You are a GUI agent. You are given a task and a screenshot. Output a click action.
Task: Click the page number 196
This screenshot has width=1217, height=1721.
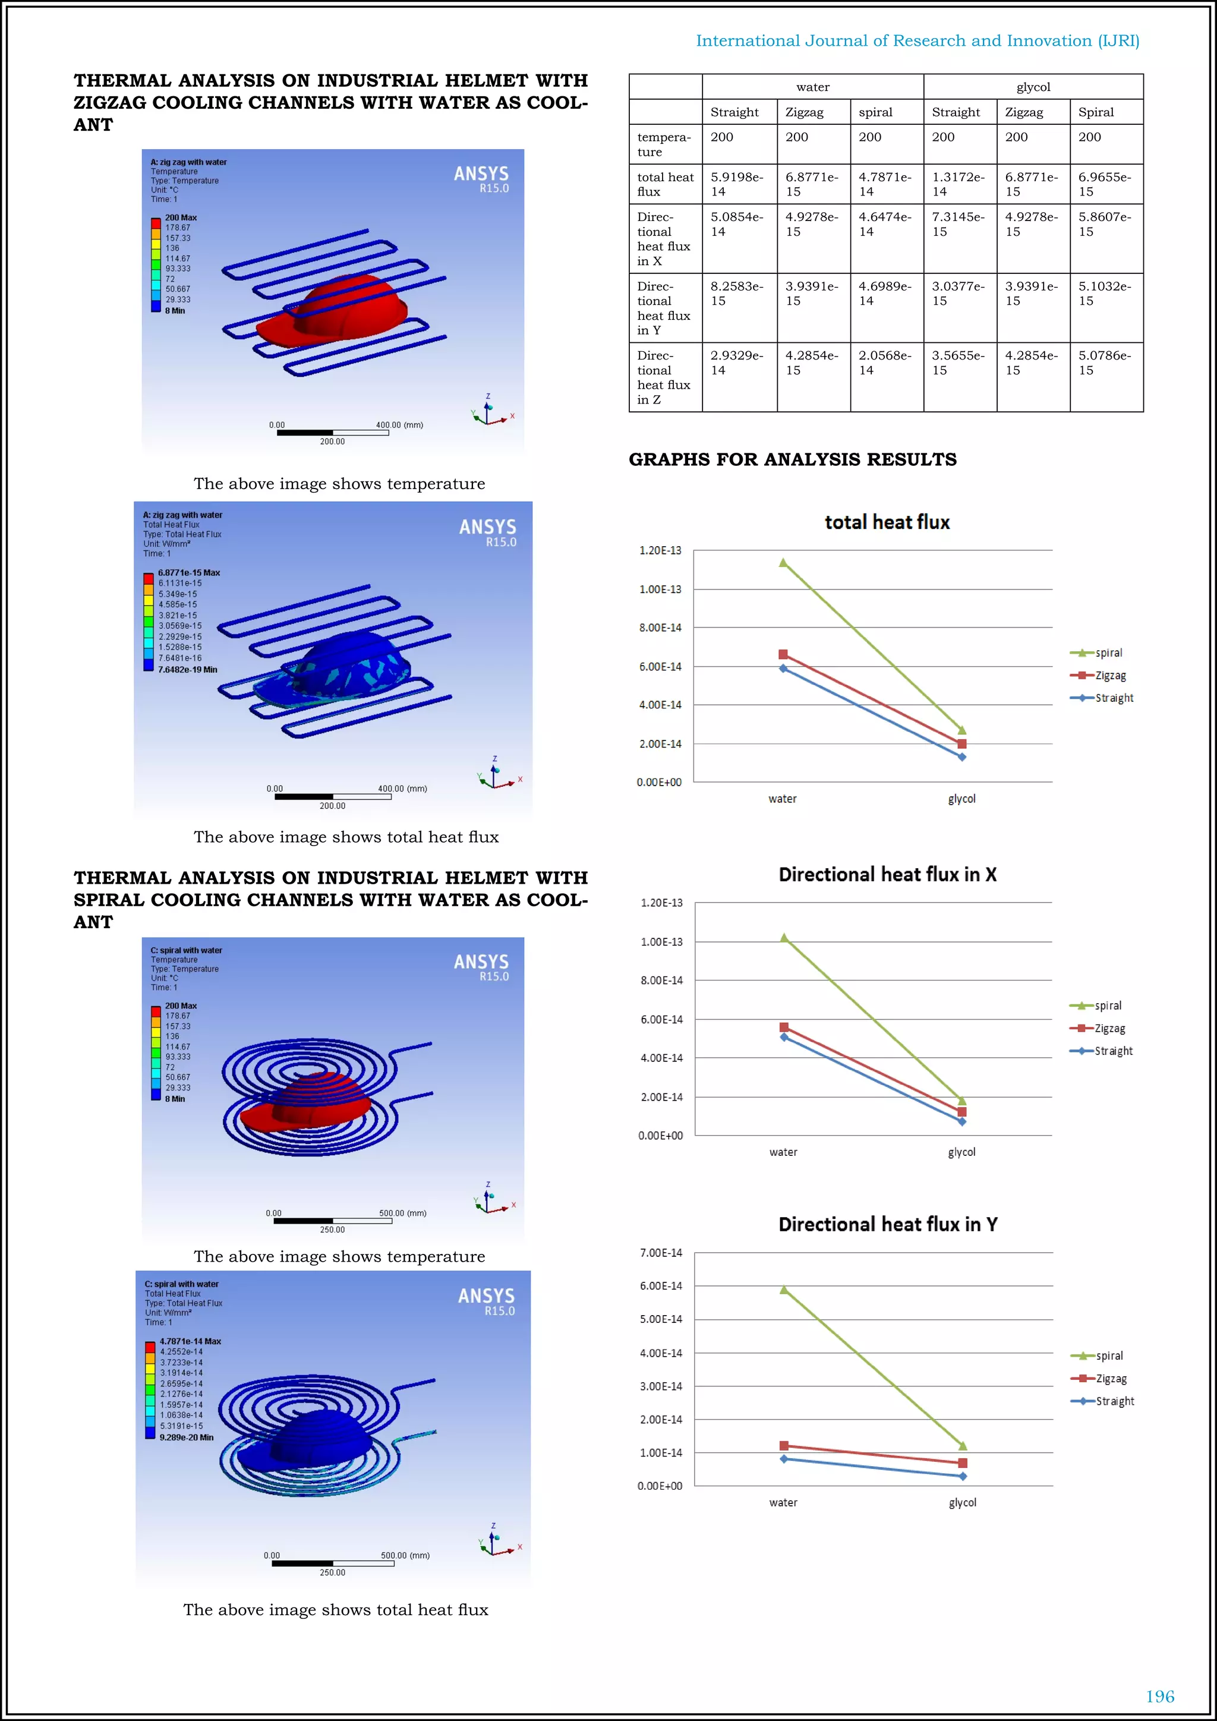click(1159, 1695)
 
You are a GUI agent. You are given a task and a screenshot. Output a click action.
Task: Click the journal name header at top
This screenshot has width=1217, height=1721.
click(918, 40)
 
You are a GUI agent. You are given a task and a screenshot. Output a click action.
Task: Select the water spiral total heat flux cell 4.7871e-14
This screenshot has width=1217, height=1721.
click(885, 184)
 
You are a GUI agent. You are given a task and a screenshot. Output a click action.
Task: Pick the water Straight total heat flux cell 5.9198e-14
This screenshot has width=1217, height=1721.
click(737, 184)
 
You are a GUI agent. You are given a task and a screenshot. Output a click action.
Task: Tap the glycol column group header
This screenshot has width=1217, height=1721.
click(1033, 87)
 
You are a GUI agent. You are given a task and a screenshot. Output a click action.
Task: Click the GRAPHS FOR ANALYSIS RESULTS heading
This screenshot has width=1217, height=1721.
click(792, 459)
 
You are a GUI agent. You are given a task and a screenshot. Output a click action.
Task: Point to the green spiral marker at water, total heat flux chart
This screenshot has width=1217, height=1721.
click(783, 562)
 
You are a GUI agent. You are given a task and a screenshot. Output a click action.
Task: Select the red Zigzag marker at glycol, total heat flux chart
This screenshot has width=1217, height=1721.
click(961, 743)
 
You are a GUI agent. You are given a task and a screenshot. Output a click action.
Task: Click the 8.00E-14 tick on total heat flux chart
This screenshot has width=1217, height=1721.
click(660, 628)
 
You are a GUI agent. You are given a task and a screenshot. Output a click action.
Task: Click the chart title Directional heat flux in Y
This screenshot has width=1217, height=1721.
click(887, 1224)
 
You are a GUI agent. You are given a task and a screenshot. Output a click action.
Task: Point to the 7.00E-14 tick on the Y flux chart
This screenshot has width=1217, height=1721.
click(660, 1253)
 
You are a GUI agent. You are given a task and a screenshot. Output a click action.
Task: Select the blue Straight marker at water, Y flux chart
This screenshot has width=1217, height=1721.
click(784, 1460)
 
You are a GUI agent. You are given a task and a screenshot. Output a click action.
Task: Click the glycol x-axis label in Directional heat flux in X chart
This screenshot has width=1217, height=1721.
click(961, 1152)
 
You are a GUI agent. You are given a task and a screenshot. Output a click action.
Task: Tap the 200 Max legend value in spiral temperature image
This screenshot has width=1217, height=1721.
click(181, 1006)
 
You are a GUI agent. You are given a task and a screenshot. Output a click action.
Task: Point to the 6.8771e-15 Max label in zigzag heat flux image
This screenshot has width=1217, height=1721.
click(189, 573)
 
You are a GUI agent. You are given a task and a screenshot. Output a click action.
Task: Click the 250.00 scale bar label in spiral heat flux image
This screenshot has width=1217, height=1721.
click(332, 1572)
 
